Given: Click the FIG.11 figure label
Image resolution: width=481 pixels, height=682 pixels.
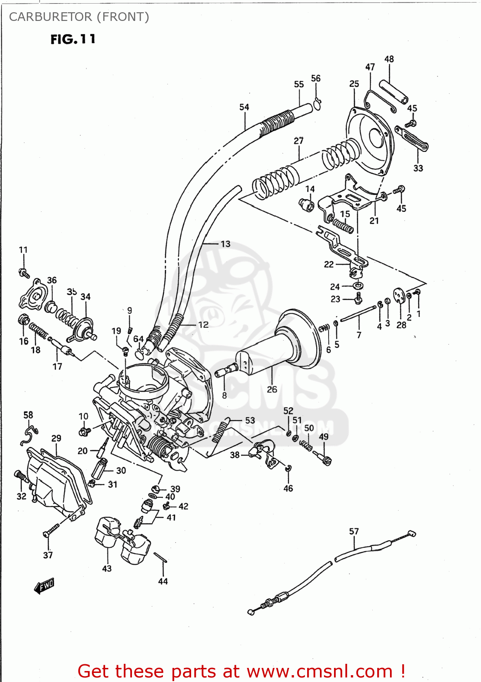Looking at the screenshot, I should [x=73, y=39].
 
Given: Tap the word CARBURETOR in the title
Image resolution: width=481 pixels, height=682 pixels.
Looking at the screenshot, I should [x=50, y=17].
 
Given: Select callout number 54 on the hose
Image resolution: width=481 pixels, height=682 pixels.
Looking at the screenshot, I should [x=244, y=107].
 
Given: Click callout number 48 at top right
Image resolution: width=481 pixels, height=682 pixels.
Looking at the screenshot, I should [x=389, y=59].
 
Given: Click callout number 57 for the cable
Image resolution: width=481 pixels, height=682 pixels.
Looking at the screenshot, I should [x=354, y=531].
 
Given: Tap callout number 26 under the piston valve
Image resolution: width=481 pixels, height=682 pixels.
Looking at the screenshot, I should [x=272, y=389].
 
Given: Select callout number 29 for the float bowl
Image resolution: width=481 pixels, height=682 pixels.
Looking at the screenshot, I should [x=56, y=438].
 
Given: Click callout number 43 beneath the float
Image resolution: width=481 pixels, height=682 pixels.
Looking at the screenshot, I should [x=107, y=568].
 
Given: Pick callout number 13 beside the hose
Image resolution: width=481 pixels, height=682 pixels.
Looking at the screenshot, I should [x=225, y=244].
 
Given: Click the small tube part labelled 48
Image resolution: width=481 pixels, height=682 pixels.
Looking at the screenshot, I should [x=394, y=92].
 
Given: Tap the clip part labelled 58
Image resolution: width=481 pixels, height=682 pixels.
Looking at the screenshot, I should [x=29, y=435].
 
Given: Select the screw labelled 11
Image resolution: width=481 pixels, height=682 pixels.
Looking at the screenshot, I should [x=24, y=273].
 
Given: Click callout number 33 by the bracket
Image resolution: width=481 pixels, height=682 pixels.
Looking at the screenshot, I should [x=418, y=168].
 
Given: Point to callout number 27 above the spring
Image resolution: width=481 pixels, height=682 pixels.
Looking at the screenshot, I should [x=299, y=141].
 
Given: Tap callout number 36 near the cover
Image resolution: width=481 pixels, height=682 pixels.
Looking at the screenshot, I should [x=52, y=280].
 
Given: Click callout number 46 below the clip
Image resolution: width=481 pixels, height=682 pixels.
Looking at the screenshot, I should [x=288, y=488].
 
